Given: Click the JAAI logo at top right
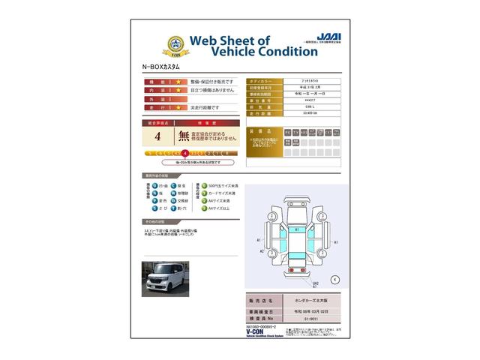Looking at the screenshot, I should pyautogui.click(x=321, y=35).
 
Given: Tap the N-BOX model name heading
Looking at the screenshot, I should pyautogui.click(x=163, y=67).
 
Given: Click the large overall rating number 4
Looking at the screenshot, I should pyautogui.click(x=157, y=136).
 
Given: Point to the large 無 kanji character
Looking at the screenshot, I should pyautogui.click(x=183, y=136).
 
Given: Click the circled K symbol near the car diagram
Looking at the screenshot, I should pyautogui.click(x=334, y=279).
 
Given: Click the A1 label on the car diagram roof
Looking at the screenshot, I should pyautogui.click(x=297, y=229).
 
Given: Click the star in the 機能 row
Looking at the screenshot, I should pyautogui.click(x=178, y=81).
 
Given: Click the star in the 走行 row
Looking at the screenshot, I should pyautogui.click(x=178, y=108).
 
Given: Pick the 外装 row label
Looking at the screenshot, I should pyautogui.click(x=157, y=99).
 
